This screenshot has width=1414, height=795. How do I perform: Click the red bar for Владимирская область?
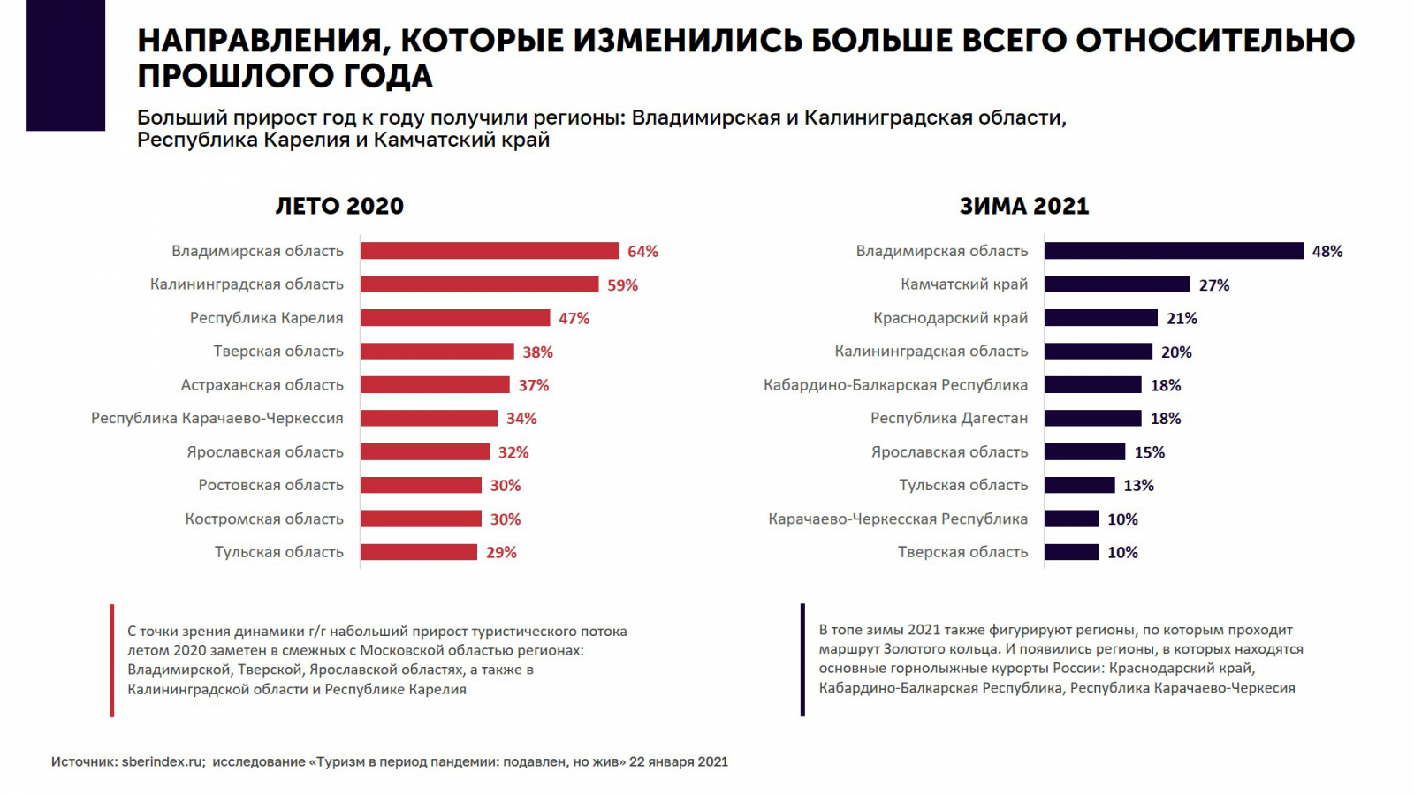(489, 251)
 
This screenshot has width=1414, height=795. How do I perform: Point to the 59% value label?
(622, 285)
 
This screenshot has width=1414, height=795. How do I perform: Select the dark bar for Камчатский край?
(1117, 284)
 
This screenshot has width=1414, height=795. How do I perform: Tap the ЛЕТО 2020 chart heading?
(339, 206)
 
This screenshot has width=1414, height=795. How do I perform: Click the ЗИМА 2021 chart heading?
(1024, 206)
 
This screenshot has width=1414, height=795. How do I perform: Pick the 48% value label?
(1327, 252)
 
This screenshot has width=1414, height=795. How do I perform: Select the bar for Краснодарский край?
(1100, 318)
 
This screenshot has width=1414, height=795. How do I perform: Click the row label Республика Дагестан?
(949, 418)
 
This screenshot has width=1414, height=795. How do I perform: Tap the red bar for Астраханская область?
(435, 385)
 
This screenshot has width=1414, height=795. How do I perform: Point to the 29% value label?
(501, 553)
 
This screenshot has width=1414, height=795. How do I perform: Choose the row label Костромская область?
(264, 519)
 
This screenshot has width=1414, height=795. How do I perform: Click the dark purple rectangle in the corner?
(65, 65)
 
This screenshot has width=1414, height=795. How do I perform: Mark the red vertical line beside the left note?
(112, 660)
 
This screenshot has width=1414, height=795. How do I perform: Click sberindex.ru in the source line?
(163, 761)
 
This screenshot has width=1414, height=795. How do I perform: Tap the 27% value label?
(1213, 285)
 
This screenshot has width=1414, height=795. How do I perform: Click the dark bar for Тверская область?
(1071, 552)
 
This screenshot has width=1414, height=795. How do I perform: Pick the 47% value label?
(574, 319)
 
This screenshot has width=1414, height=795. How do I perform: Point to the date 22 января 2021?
(678, 761)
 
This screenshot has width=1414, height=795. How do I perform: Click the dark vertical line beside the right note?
(802, 660)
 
